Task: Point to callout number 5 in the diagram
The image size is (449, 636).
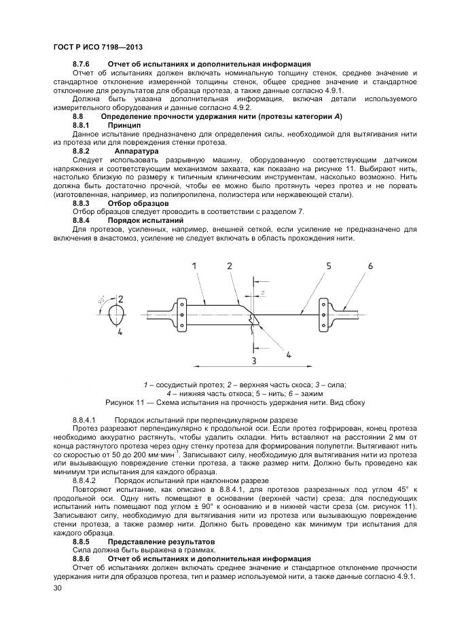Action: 328,266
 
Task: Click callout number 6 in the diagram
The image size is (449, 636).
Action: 371,266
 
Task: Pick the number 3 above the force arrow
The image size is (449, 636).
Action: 253,360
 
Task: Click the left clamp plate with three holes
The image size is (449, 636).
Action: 182,315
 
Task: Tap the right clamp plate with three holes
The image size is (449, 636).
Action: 323,314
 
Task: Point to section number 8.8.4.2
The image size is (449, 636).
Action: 86,480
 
